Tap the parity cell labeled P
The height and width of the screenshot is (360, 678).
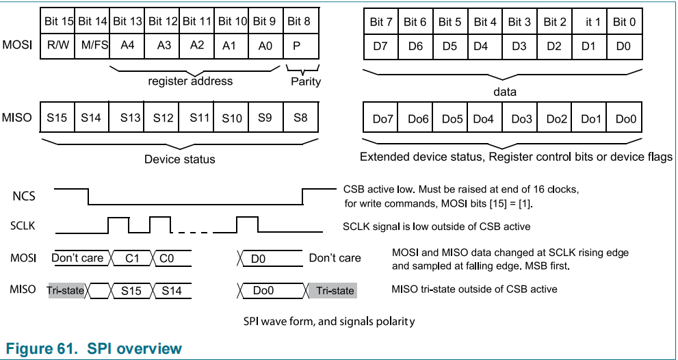[299, 47]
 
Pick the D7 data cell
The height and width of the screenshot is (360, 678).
[381, 47]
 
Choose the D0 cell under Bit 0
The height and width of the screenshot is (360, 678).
[624, 47]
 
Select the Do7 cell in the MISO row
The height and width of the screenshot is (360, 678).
[381, 118]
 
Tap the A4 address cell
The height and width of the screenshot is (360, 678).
[127, 47]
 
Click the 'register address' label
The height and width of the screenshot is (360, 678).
[190, 81]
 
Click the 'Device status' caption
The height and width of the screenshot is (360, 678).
[179, 159]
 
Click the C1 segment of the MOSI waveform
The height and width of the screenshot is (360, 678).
[132, 258]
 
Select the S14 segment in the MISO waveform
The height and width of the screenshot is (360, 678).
[172, 290]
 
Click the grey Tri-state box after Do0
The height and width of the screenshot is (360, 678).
[335, 290]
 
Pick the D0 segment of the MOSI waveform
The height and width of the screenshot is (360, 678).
[259, 258]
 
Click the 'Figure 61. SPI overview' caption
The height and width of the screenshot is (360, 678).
[94, 348]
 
